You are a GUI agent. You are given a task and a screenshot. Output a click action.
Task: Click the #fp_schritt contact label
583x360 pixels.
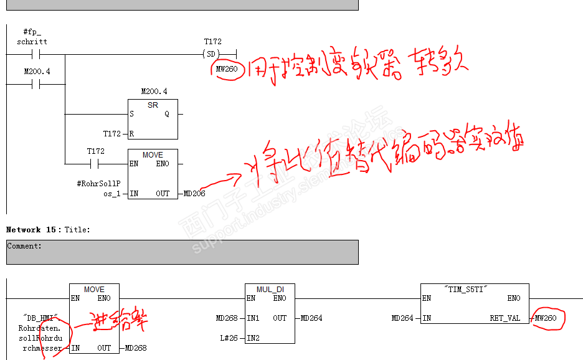pyautogui.click(x=32, y=36)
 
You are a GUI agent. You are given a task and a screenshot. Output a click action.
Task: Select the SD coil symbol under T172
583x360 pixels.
pyautogui.click(x=213, y=54)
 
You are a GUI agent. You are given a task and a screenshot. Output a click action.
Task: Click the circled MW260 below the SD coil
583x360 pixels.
pyautogui.click(x=227, y=69)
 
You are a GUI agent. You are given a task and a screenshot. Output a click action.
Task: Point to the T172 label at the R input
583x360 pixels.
pyautogui.click(x=112, y=134)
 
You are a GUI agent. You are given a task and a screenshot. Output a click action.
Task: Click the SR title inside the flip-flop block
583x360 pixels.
pyautogui.click(x=153, y=105)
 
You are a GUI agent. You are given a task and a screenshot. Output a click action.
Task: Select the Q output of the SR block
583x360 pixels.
pyautogui.click(x=166, y=114)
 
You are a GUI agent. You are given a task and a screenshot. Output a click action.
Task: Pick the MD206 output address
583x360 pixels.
pyautogui.click(x=194, y=194)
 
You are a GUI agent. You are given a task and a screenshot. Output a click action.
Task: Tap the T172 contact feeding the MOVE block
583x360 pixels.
pyautogui.click(x=95, y=164)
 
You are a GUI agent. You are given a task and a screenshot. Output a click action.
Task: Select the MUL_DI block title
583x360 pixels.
pyautogui.click(x=270, y=290)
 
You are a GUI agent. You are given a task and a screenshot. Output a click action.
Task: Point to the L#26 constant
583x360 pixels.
pyautogui.click(x=229, y=338)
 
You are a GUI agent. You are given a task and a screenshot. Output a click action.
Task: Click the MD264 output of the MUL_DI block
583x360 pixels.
pyautogui.click(x=311, y=318)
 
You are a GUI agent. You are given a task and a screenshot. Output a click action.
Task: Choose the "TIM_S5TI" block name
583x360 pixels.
pyautogui.click(x=475, y=290)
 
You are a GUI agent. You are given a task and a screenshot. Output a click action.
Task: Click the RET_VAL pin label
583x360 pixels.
pyautogui.click(x=505, y=318)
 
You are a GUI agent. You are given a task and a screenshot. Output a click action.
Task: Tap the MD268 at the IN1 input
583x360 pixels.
pyautogui.click(x=227, y=318)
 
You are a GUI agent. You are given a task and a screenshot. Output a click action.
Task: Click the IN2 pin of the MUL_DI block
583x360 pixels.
pyautogui.click(x=253, y=338)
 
